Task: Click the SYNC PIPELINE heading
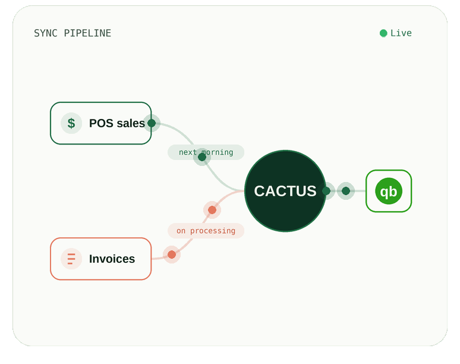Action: click(x=73, y=33)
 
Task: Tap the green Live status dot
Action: click(x=383, y=33)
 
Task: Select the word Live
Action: click(x=401, y=33)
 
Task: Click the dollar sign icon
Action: click(x=71, y=123)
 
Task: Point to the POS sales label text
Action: click(x=116, y=123)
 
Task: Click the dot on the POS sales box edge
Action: click(x=152, y=123)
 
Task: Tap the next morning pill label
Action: click(x=206, y=152)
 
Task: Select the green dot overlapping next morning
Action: click(x=202, y=157)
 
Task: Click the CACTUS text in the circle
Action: click(x=285, y=191)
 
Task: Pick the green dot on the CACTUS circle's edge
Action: click(x=326, y=191)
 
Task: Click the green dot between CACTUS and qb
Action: click(x=346, y=191)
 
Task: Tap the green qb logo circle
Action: click(x=389, y=191)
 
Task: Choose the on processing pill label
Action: click(x=206, y=231)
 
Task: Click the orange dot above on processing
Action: click(x=212, y=210)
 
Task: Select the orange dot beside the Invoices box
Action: click(x=172, y=255)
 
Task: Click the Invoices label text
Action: click(x=112, y=259)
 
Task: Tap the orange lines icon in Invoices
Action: click(x=71, y=259)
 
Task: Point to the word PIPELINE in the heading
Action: click(x=87, y=33)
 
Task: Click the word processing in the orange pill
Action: click(x=213, y=231)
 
